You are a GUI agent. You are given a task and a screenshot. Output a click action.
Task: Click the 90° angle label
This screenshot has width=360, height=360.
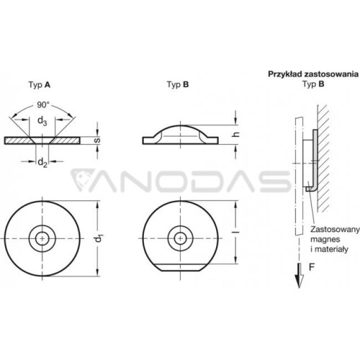pyautogui.click(x=43, y=105)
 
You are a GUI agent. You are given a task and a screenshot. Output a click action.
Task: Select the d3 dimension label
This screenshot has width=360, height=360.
pyautogui.click(x=42, y=121)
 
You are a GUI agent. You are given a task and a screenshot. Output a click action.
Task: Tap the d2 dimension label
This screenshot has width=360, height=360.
pyautogui.click(x=42, y=163)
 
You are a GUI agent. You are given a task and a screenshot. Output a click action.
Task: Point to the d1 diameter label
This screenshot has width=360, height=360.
pyautogui.click(x=98, y=238)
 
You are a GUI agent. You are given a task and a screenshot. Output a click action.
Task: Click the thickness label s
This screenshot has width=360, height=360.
pyautogui.click(x=97, y=140)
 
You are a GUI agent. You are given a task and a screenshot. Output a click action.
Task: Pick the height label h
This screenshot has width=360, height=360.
pyautogui.click(x=236, y=135)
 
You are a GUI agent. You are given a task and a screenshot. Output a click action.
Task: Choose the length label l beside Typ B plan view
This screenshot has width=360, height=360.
pyautogui.click(x=236, y=233)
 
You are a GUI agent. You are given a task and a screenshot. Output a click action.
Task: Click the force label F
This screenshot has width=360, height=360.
pyautogui.click(x=312, y=267)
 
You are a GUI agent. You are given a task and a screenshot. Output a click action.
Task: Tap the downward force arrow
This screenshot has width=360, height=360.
pyautogui.click(x=300, y=276)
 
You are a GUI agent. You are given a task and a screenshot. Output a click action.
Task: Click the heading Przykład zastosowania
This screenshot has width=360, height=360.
pyautogui.click(x=313, y=74)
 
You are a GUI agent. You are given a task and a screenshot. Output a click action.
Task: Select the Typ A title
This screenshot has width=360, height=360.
pyautogui.click(x=40, y=85)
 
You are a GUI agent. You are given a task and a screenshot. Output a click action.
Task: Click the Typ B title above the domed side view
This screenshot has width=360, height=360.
pyautogui.click(x=178, y=84)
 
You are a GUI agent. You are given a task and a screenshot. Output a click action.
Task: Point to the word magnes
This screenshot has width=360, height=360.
pyautogui.click(x=325, y=239)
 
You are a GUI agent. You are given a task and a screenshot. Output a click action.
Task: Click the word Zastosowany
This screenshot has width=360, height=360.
pyautogui.click(x=335, y=229)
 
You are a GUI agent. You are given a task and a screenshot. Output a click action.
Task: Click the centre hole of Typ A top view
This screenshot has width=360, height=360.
pyautogui.click(x=42, y=238)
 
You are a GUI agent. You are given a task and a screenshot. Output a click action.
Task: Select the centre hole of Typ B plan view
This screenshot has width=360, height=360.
pyautogui.click(x=180, y=238)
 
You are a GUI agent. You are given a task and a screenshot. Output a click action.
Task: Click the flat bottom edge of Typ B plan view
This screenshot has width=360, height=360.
pyautogui.click(x=180, y=271)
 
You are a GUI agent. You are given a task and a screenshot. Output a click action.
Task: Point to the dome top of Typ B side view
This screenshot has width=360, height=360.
pyautogui.click(x=180, y=125)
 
